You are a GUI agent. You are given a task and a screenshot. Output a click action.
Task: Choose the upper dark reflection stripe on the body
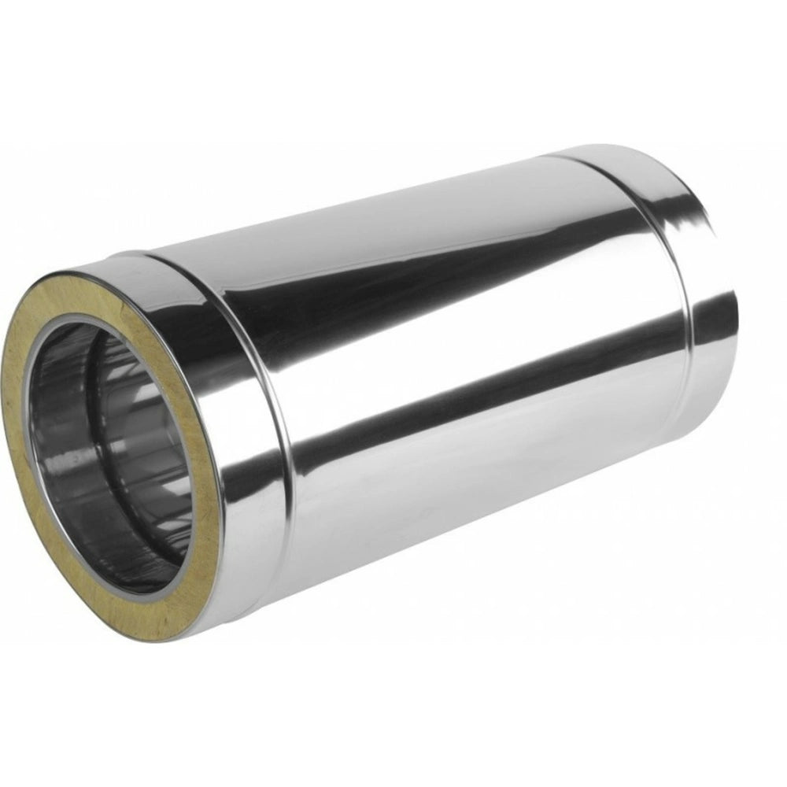(x=441, y=260)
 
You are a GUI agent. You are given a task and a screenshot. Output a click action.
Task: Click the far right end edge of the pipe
(x=736, y=315)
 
